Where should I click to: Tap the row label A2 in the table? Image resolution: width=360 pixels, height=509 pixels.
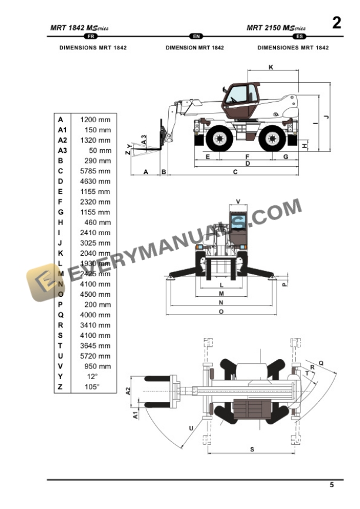pos(62,140)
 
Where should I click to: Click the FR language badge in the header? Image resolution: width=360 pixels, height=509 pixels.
pos(91,36)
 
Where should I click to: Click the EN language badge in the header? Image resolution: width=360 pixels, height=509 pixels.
pos(195,36)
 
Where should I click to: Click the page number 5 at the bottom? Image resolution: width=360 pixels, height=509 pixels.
pos(331,485)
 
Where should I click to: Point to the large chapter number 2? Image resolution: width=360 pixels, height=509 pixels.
pos(336,23)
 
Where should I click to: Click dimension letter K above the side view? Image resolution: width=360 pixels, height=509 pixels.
pos(271,68)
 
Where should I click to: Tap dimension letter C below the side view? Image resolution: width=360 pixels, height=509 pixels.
pos(235,172)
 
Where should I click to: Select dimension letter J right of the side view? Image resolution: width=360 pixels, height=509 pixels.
pos(325,117)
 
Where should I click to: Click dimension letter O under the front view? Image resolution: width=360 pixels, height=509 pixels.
pos(221,312)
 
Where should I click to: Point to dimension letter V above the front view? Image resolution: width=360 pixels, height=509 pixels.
pos(238,202)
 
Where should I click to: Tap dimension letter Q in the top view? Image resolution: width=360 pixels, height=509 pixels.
pos(321,363)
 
